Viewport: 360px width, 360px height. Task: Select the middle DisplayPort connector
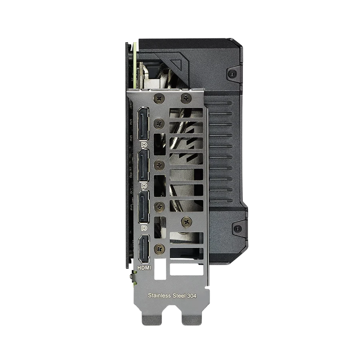point(144,165)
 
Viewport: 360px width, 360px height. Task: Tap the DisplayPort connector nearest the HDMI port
point(144,206)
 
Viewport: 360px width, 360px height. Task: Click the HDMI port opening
point(144,249)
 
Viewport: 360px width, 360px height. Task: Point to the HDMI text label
point(144,268)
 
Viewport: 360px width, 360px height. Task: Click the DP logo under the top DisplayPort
point(144,145)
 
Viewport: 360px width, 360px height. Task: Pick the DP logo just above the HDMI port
point(144,228)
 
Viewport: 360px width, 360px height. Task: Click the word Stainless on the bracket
point(159,295)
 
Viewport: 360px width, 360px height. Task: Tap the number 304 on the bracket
point(192,296)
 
